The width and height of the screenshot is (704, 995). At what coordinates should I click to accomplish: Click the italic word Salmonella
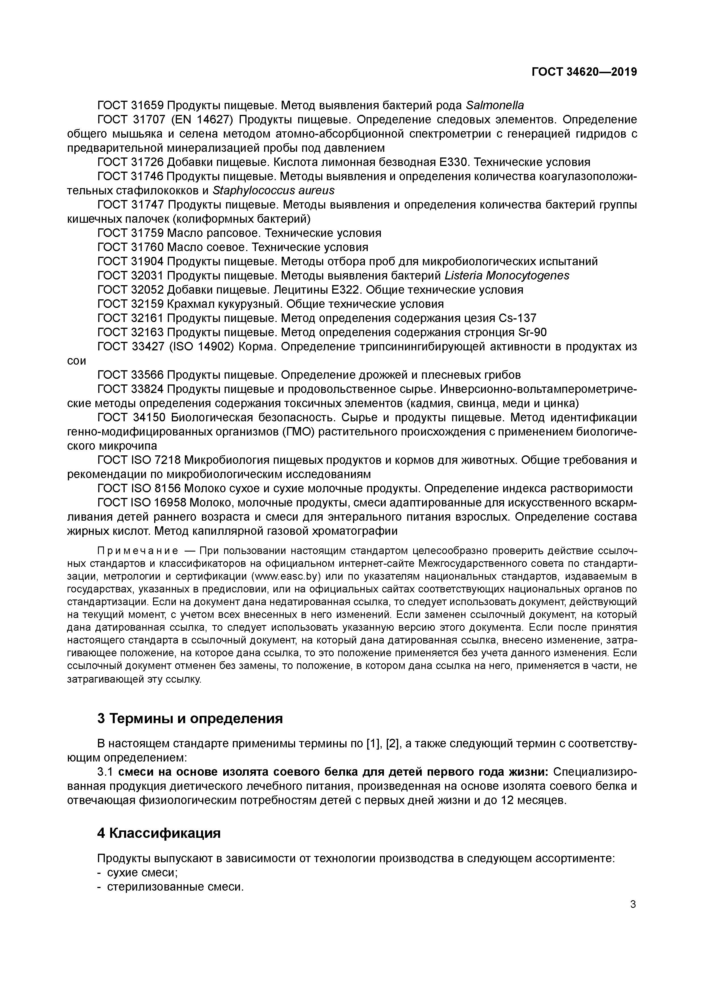pyautogui.click(x=494, y=105)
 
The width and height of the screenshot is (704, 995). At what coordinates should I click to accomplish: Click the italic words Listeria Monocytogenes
pyautogui.click(x=507, y=275)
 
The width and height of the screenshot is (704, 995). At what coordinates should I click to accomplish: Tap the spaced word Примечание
pyautogui.click(x=137, y=551)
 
